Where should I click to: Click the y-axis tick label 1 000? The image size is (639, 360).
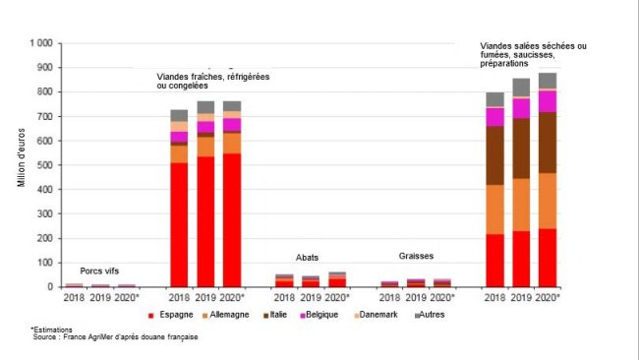pos(38,44)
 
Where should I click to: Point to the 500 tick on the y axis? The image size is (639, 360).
pos(43,165)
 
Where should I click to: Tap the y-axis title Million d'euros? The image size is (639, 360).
pos(21,165)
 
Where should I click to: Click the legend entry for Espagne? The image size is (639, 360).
pos(173,315)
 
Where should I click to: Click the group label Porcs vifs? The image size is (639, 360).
pos(100,270)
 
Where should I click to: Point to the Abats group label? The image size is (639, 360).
pos(308,258)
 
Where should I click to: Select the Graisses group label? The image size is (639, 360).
pos(416,255)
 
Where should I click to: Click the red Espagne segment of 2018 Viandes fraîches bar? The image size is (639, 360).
pos(179,224)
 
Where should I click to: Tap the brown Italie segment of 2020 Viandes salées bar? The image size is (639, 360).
pos(548,143)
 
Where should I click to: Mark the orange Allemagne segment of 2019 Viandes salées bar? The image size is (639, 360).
pos(521,206)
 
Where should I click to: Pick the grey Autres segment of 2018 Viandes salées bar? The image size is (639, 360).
pos(495,99)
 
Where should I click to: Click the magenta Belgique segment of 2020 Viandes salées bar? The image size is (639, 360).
pos(548,100)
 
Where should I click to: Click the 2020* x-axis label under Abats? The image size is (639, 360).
pos(338,297)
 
